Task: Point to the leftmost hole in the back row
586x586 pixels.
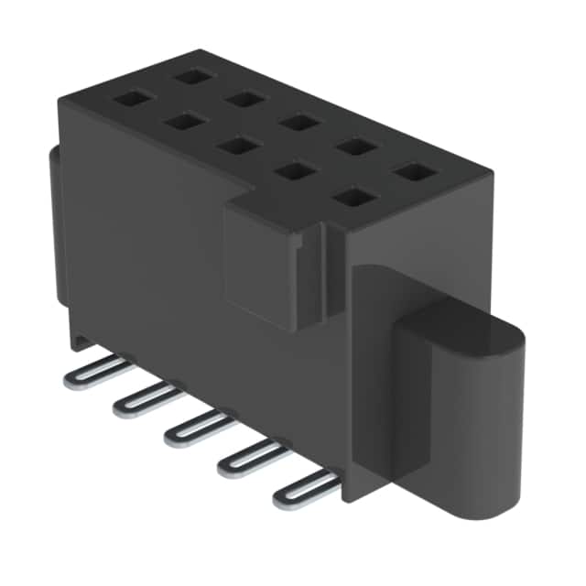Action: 193,75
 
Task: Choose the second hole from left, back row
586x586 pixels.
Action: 245,98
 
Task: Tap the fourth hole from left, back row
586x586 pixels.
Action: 354,146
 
